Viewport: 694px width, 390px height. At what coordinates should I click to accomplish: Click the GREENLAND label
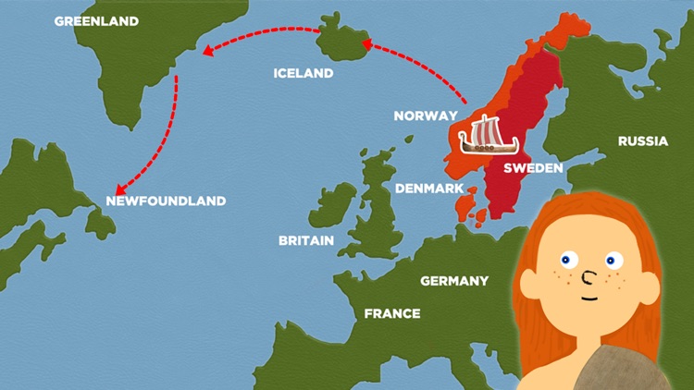[96, 21]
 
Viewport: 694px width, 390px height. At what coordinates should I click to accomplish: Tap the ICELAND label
[304, 73]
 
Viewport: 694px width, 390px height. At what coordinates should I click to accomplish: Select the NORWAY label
[426, 116]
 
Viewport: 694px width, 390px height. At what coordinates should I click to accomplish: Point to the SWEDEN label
[532, 168]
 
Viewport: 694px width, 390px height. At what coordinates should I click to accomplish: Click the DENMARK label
[429, 188]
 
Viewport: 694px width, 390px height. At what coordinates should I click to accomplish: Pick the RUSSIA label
[642, 141]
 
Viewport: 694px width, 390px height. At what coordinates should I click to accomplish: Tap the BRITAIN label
[306, 240]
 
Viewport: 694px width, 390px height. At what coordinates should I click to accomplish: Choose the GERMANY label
[453, 280]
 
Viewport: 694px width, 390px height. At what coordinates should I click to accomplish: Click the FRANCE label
[392, 313]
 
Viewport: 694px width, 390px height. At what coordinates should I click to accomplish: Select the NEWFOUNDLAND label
[166, 201]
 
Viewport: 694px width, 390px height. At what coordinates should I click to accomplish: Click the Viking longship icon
[488, 137]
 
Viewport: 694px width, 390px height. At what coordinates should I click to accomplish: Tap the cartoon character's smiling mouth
[589, 298]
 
